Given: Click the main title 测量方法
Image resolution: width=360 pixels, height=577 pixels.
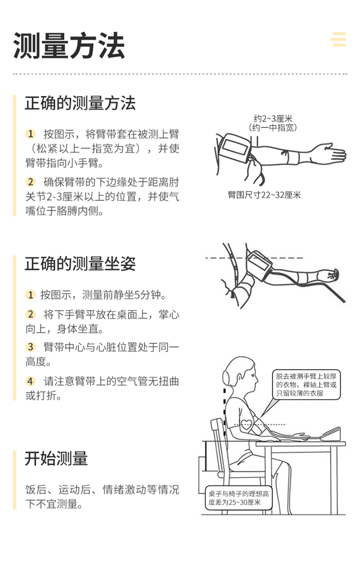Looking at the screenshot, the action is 69,46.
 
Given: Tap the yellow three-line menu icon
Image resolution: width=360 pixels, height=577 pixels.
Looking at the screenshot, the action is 338,39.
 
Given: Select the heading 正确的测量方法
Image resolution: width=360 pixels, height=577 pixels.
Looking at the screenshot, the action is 80,103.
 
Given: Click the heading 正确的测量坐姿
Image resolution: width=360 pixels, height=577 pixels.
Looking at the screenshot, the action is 80,264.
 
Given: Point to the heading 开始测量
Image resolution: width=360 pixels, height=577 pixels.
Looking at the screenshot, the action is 56,458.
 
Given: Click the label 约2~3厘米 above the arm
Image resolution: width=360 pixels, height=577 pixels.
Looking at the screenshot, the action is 273,119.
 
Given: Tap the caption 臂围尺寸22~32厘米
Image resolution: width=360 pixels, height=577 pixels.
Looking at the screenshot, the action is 264,195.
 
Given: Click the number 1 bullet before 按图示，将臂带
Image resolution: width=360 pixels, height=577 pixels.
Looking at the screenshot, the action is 31,133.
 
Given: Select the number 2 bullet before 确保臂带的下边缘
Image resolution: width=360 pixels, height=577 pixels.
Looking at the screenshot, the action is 31,182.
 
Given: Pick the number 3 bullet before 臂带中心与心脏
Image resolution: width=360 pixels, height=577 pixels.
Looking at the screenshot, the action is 31,347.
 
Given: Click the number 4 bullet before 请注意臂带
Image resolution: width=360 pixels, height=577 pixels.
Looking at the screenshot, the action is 31,381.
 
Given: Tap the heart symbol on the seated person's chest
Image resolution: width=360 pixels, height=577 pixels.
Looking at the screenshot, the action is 246,424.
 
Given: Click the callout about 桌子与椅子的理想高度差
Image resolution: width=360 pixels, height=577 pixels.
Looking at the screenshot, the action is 239,498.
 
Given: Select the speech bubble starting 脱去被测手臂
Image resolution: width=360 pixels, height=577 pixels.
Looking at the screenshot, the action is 306,385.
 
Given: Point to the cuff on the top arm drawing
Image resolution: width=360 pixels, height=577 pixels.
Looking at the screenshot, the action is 234,148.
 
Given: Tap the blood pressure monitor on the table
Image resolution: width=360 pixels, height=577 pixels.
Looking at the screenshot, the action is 330,434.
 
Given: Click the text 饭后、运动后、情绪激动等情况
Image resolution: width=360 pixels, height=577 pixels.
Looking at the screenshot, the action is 102,490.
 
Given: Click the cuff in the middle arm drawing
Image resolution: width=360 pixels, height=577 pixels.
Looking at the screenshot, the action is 259,263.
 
